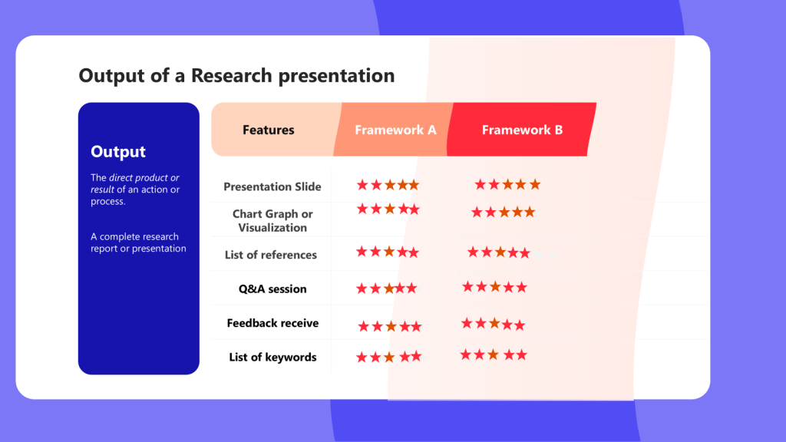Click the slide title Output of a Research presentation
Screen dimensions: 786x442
(x=236, y=76)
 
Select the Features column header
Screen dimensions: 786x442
(x=268, y=130)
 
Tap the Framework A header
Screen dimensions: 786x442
(x=395, y=130)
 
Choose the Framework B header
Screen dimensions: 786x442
(x=522, y=130)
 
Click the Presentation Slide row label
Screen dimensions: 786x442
(x=272, y=186)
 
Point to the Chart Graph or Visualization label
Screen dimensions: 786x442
(x=272, y=220)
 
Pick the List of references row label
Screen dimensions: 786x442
(x=271, y=255)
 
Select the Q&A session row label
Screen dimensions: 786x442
(x=272, y=289)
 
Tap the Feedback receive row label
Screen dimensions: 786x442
(x=272, y=323)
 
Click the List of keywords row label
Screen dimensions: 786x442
(x=272, y=357)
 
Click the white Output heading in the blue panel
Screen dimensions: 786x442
(x=117, y=151)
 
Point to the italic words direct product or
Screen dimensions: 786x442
(x=144, y=177)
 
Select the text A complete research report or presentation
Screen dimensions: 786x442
(x=138, y=242)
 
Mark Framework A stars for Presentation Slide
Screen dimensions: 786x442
(x=388, y=185)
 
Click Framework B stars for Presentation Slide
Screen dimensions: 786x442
(x=507, y=184)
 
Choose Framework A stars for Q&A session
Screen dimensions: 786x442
(x=387, y=289)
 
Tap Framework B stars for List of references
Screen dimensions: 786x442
(x=499, y=252)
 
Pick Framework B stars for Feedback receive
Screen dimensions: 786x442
(x=494, y=325)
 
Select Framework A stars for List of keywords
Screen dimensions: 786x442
(x=389, y=357)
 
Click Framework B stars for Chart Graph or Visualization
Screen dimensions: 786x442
(x=504, y=213)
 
